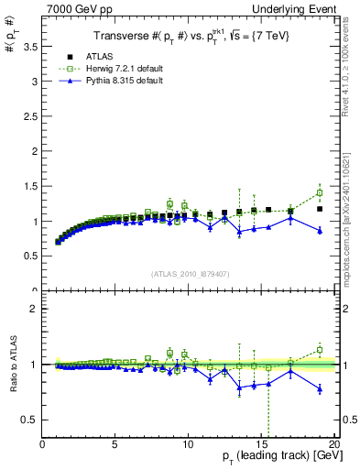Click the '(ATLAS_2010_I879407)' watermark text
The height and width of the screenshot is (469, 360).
point(189,273)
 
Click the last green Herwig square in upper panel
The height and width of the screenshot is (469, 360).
point(320,193)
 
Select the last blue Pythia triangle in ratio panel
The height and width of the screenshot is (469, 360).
point(320,389)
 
